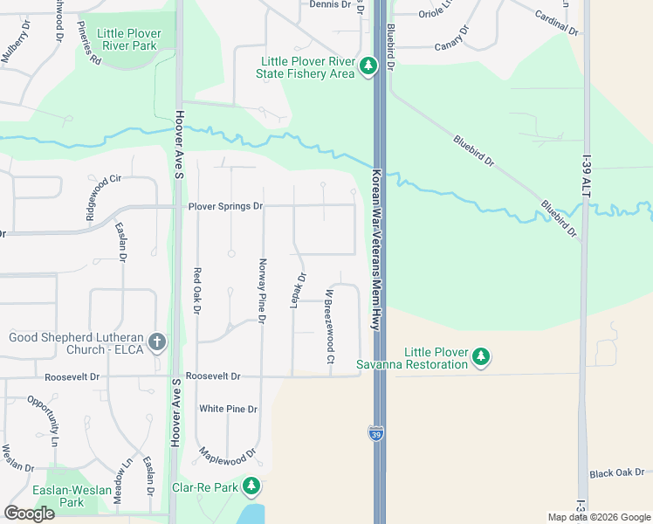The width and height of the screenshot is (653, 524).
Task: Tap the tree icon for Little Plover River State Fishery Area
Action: point(368,65)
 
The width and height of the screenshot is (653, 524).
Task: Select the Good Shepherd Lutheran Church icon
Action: point(157,341)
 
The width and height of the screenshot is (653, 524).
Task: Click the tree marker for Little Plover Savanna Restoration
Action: point(481,356)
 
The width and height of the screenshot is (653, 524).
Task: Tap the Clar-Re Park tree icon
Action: point(251,485)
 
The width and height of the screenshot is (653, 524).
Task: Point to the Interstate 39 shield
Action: point(375,434)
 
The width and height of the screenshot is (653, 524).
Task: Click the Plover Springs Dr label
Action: point(225,206)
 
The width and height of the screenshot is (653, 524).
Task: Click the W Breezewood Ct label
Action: point(331,327)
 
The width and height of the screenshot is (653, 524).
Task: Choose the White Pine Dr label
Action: point(228,409)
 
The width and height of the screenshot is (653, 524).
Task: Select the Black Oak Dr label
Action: point(616,473)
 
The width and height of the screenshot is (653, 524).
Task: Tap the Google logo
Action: point(30,514)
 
